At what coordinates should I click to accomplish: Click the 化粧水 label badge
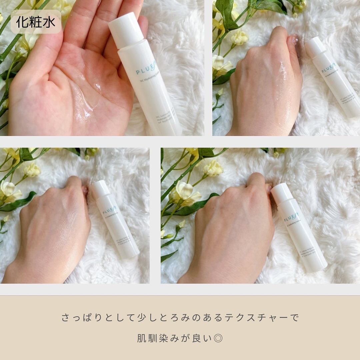[36, 22]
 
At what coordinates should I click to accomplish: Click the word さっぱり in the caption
[78, 317]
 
